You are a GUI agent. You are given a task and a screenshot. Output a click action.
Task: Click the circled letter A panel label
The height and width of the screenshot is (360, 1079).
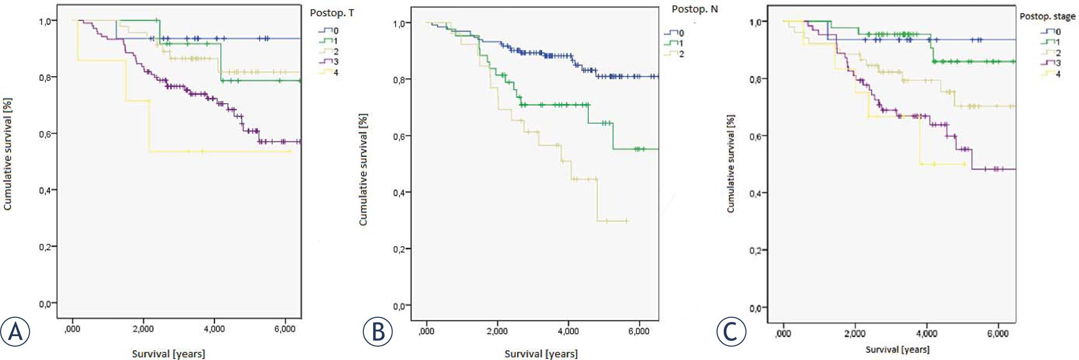(15, 332)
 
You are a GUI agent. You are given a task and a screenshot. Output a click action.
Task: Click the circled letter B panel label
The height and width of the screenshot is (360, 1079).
(378, 332)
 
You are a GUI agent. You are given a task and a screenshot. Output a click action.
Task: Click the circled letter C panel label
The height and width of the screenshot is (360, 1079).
(731, 332)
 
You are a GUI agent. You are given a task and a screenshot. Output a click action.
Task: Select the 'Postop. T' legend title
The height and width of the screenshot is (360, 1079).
(332, 13)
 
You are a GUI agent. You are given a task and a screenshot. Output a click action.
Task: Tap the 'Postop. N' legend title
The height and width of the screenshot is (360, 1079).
(695, 9)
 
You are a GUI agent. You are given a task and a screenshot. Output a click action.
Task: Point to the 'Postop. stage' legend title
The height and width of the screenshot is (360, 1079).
(1048, 16)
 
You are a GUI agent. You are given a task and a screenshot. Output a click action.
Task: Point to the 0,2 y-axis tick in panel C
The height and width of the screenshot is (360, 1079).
(757, 250)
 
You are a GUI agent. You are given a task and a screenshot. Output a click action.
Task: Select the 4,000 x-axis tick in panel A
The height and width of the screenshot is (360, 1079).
(214, 329)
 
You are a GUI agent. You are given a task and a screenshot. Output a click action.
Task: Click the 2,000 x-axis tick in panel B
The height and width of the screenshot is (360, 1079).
(497, 331)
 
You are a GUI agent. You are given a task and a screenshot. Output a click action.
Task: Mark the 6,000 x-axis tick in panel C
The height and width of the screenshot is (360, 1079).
(998, 334)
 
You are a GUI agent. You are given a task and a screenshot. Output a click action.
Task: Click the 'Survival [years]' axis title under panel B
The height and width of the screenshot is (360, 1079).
(541, 353)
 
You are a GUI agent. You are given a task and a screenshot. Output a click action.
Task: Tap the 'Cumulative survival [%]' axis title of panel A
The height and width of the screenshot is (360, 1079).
(8, 154)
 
